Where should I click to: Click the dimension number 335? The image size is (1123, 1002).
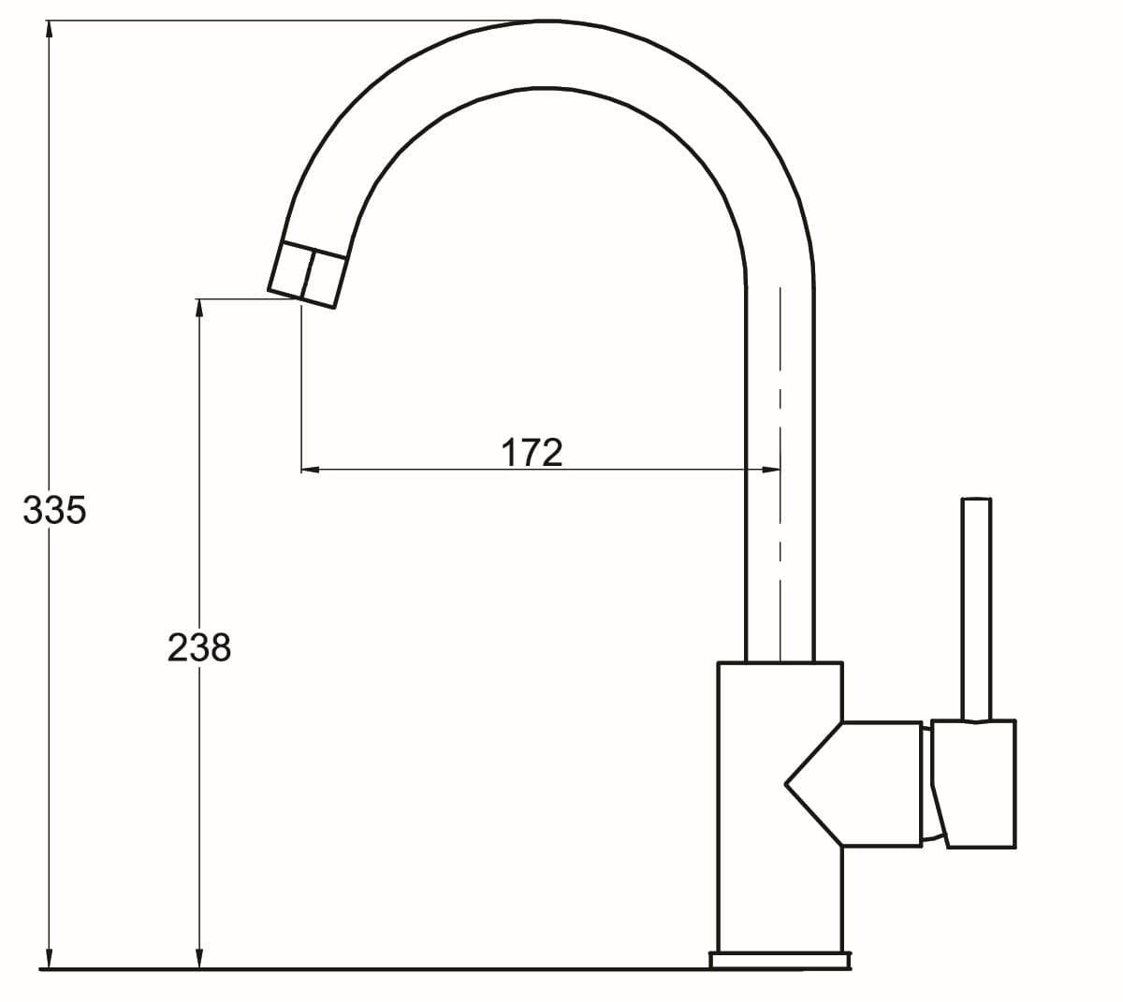(x=54, y=510)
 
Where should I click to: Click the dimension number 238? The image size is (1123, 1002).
(x=198, y=646)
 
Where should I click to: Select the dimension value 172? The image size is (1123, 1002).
(x=532, y=452)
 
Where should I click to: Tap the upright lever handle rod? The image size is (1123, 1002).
(x=976, y=608)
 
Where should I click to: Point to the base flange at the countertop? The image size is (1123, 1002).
(x=780, y=960)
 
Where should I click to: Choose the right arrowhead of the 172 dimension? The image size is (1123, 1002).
(x=770, y=469)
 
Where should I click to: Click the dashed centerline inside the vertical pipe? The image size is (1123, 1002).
(x=780, y=468)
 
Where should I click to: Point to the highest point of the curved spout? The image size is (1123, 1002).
(x=546, y=22)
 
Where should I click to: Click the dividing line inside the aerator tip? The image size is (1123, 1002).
(x=308, y=274)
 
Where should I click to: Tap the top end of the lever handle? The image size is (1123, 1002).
(x=976, y=501)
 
